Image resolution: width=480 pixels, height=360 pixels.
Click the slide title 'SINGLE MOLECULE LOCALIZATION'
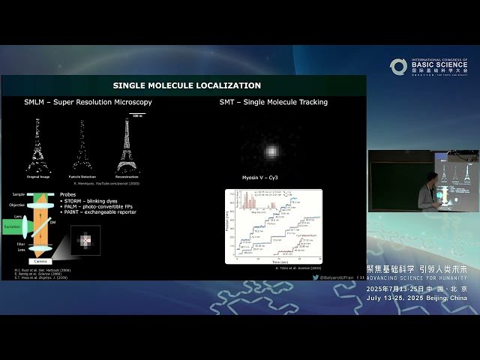tap(187, 85)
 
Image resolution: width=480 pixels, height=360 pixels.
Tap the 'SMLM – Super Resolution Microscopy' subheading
tap(88, 102)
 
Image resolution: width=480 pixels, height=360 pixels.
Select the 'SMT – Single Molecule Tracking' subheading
tap(273, 102)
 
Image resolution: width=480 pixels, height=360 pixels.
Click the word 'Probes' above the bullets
tap(68, 194)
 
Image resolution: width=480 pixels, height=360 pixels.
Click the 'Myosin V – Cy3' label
tap(272, 178)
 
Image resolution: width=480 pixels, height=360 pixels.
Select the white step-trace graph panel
tap(274, 226)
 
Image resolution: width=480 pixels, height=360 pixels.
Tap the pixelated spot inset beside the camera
tap(85, 241)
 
